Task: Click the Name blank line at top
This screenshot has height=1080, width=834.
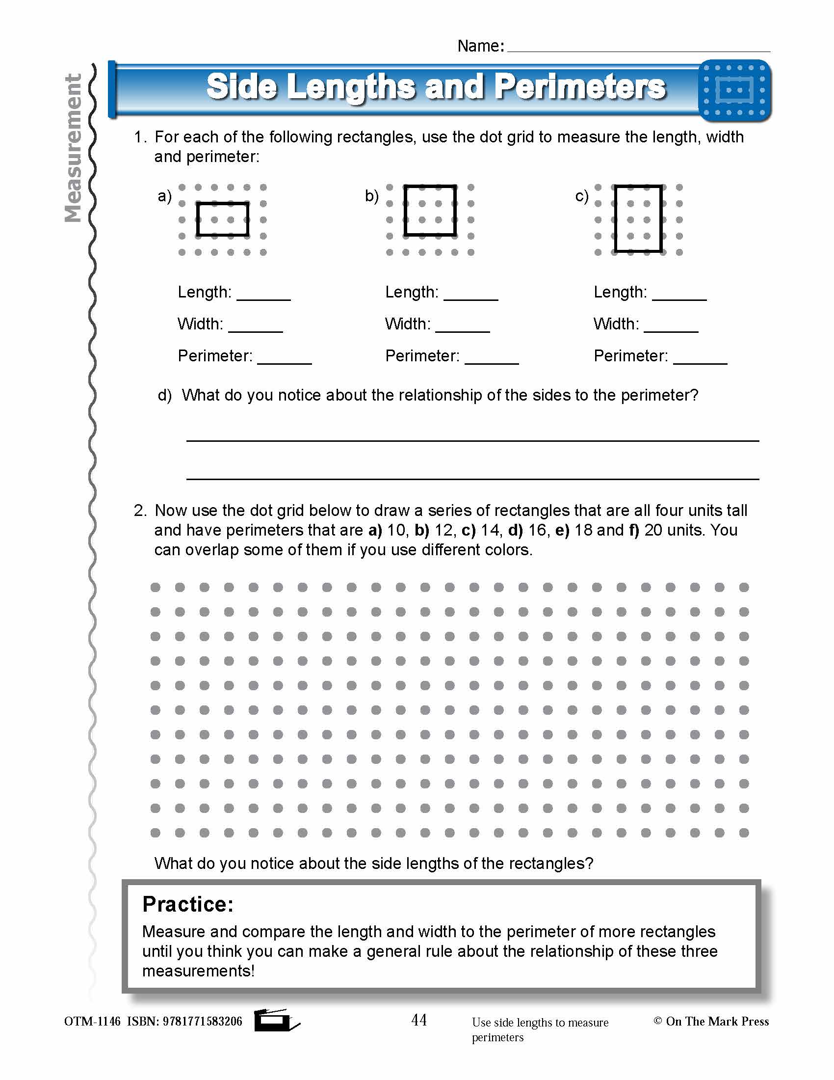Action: tap(638, 50)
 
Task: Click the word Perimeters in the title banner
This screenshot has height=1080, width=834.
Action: tap(580, 87)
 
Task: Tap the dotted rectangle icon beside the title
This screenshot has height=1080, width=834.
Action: tap(735, 90)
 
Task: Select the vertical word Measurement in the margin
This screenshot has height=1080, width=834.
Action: tap(73, 148)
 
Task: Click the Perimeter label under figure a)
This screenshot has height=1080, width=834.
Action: tap(215, 355)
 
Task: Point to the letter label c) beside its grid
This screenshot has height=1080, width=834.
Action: tap(581, 196)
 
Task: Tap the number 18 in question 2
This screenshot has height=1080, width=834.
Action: tap(583, 530)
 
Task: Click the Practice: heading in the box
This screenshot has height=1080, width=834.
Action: tap(188, 904)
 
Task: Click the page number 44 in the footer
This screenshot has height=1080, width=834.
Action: tap(419, 1020)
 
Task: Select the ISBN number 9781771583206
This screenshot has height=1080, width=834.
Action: tap(202, 1021)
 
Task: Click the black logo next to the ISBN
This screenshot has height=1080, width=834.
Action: tap(275, 1021)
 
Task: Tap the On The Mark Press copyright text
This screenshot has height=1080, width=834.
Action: tap(717, 1021)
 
